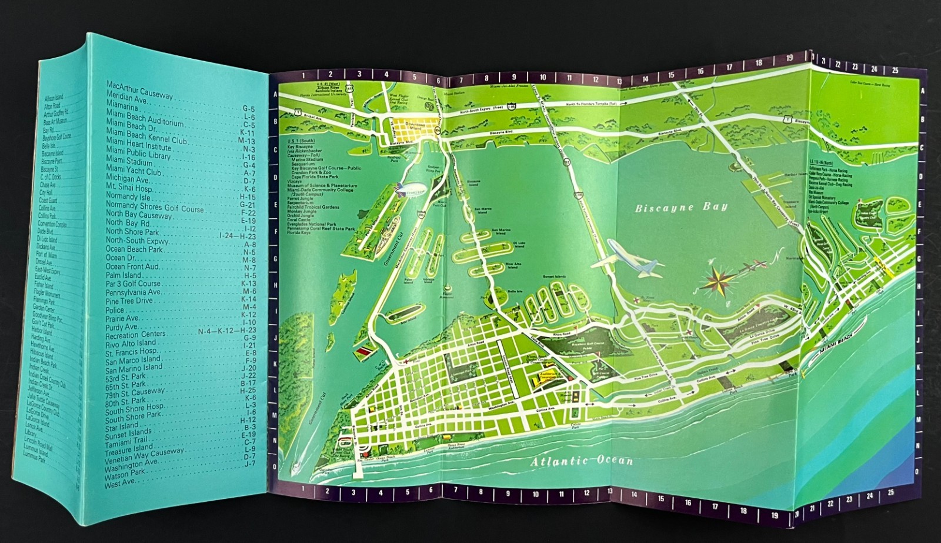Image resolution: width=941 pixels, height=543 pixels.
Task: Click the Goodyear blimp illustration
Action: [x=408, y=191]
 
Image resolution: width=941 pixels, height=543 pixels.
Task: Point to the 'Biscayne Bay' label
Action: [x=681, y=207]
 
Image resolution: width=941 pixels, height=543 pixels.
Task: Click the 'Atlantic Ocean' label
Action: [x=582, y=460]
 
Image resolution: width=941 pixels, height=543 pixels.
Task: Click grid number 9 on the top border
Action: [x=513, y=76]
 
